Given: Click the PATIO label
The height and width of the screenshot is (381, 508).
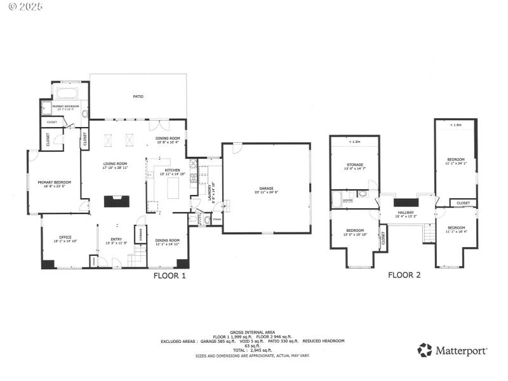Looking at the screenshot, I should (138, 97).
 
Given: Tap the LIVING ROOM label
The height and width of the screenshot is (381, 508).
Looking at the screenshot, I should (116, 166).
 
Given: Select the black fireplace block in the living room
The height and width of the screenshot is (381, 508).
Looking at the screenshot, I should (116, 201).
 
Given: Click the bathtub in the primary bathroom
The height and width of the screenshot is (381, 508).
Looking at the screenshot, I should (66, 93).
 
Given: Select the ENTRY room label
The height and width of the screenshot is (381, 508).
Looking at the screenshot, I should (116, 241).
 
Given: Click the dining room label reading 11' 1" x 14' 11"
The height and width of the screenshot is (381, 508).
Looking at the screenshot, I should (168, 242).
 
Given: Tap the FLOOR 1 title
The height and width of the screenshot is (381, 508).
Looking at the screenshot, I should (170, 276).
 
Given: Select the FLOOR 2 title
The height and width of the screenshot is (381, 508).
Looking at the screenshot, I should (404, 276).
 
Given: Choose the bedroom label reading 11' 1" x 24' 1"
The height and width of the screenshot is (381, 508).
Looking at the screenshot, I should (456, 161).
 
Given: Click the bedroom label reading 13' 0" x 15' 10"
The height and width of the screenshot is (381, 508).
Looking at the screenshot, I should (355, 232).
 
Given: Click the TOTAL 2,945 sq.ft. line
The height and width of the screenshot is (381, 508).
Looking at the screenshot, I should (253, 351).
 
